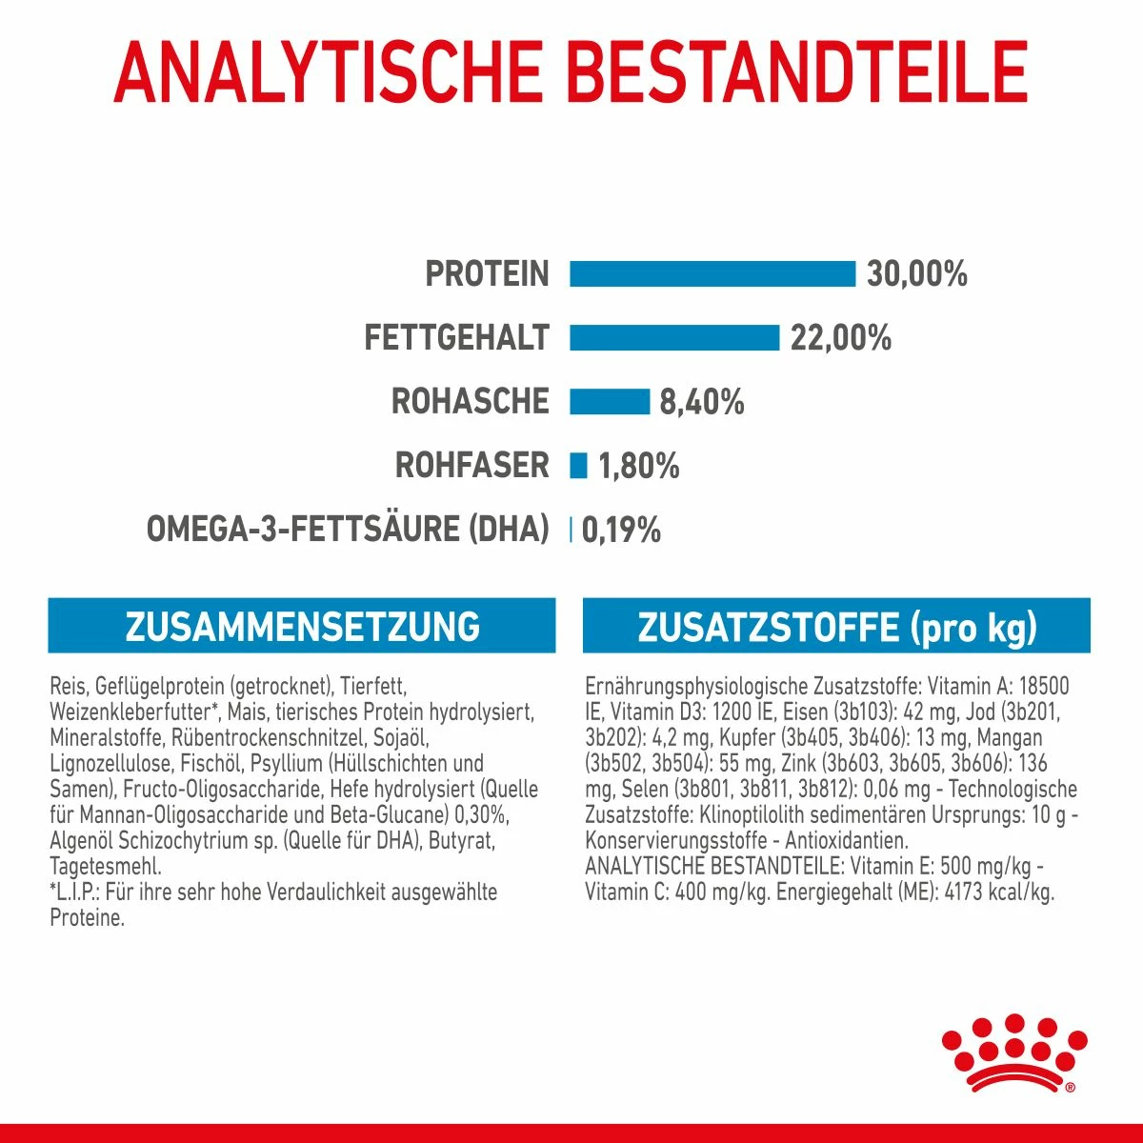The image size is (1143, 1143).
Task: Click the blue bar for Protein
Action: coord(712,274)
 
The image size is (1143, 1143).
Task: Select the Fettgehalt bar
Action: coord(674,338)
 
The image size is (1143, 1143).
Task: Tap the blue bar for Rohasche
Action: coord(610,402)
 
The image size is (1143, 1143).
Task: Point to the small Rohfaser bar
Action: coord(578,466)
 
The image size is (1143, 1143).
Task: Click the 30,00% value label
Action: coord(916,274)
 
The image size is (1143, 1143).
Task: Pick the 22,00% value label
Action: coord(840,338)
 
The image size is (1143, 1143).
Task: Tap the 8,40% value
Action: coord(702,402)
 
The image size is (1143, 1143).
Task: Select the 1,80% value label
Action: coord(638,466)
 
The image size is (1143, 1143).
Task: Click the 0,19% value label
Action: coord(620,530)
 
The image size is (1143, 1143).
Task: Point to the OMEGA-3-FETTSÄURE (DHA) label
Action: coord(348,530)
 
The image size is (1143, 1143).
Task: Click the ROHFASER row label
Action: coord(472,466)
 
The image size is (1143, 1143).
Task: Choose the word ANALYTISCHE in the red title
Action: coord(328,71)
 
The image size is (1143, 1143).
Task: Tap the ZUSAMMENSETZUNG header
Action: coord(302,627)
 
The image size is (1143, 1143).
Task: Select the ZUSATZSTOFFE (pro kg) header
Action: coord(836,627)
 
